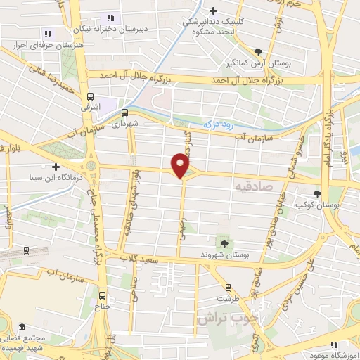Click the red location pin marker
click(181, 166)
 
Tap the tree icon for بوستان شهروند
click(224, 243)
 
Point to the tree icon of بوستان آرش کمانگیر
click(259, 52)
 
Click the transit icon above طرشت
click(228, 286)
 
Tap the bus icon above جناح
click(103, 296)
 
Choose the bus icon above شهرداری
click(124, 112)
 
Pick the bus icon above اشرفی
click(90, 97)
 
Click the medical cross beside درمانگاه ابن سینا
click(56, 167)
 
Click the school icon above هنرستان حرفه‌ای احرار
click(48, 33)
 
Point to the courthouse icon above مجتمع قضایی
click(22, 328)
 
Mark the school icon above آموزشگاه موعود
click(335, 345)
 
